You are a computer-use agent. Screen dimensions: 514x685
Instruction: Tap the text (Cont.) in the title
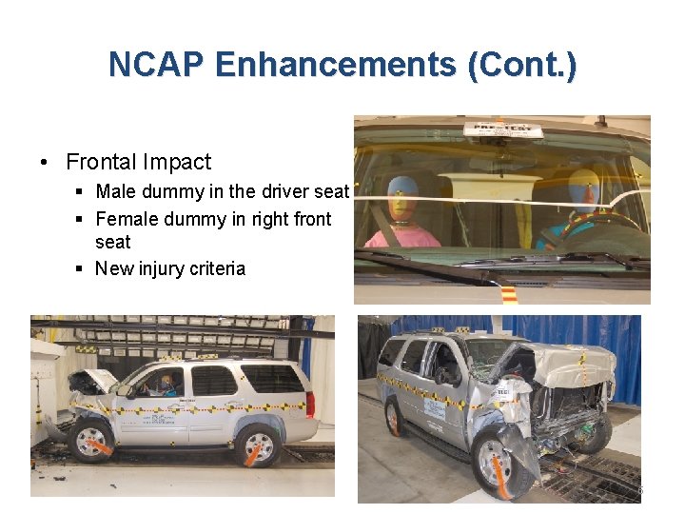pos(521,65)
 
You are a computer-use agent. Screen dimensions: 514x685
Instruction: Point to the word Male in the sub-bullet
pos(114,192)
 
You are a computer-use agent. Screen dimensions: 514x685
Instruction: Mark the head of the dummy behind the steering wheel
pos(581,190)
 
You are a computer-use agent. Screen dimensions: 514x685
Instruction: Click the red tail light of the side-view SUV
pos(311,403)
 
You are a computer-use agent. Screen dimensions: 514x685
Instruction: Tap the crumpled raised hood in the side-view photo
pos(91,384)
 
